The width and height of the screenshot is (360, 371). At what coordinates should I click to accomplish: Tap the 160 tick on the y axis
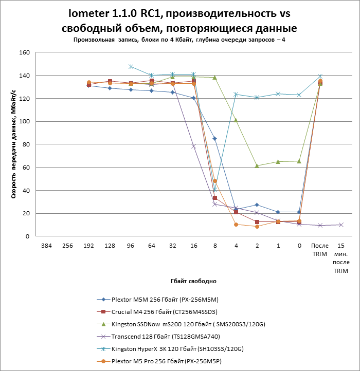(x=25, y=52)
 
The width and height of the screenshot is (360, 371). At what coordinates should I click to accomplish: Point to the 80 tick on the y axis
(x=26, y=144)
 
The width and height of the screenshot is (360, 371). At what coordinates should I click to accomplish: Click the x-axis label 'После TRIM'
(x=320, y=250)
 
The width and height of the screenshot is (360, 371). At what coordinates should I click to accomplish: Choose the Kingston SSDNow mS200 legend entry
(x=181, y=324)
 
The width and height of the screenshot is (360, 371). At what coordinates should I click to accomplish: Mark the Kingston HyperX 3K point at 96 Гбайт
(x=131, y=67)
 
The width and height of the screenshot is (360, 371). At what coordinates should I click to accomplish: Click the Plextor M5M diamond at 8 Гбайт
(x=215, y=139)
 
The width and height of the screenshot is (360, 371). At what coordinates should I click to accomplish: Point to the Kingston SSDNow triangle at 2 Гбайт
(x=257, y=165)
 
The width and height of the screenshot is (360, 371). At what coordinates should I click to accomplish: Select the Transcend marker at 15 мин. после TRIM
(x=340, y=225)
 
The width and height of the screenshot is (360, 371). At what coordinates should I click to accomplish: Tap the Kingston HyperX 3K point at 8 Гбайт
(x=215, y=190)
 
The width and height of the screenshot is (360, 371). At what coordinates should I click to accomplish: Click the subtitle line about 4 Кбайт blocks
(x=179, y=40)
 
